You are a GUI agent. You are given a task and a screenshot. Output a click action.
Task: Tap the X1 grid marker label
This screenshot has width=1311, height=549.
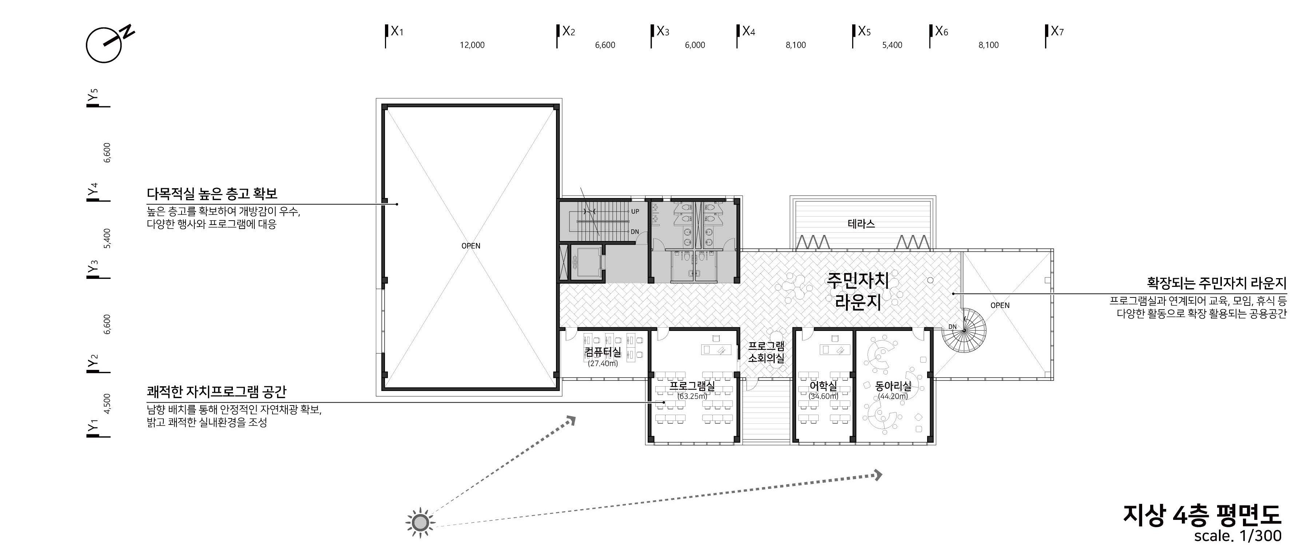click(x=397, y=32)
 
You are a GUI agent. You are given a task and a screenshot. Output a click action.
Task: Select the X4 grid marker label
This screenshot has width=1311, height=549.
click(x=748, y=32)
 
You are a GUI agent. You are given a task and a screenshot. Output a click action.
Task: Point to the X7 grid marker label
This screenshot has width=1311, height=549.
click(x=1057, y=32)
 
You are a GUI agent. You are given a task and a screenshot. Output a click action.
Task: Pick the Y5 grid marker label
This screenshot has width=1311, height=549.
click(x=92, y=95)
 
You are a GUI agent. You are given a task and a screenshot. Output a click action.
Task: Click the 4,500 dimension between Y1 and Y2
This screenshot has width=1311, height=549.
click(x=107, y=404)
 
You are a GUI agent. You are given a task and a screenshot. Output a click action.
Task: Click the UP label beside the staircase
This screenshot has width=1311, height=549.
click(x=635, y=212)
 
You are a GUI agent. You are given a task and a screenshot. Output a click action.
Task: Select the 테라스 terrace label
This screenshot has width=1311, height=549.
click(x=861, y=224)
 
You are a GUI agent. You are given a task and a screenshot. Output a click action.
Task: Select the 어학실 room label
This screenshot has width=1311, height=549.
click(x=823, y=387)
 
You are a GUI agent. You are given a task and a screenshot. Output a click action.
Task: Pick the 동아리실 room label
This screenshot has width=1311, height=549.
click(x=893, y=387)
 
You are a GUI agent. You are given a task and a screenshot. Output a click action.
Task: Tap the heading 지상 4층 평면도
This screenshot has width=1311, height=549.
click(x=1201, y=516)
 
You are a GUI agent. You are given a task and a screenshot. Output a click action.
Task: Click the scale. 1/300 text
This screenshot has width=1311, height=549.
click(x=1237, y=536)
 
